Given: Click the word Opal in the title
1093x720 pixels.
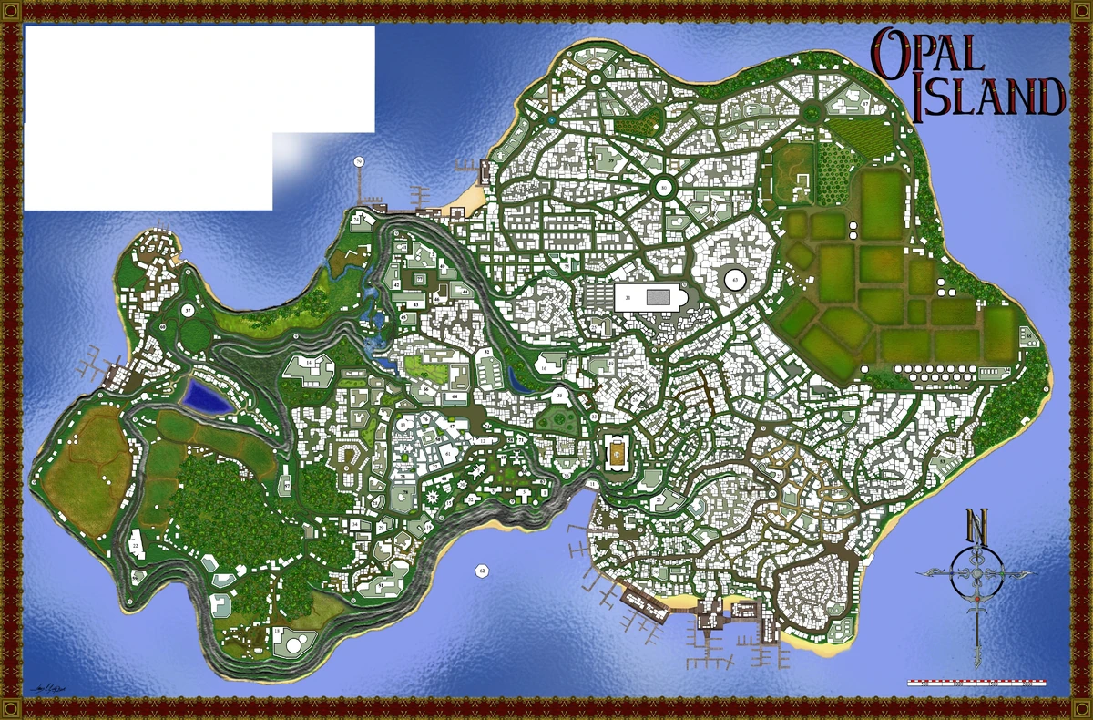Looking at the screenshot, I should click(x=929, y=51).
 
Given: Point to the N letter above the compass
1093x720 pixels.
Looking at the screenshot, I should click(x=977, y=527).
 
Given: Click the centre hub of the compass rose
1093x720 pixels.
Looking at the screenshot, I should click(x=977, y=572).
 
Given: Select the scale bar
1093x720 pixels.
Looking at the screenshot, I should click(x=976, y=682).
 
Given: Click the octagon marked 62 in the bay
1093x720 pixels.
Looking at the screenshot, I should click(x=482, y=571).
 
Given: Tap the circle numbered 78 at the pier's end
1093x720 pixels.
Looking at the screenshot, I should click(x=359, y=162).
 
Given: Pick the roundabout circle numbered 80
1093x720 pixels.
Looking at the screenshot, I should click(x=664, y=188).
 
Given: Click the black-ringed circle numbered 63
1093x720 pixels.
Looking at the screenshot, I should click(x=735, y=279).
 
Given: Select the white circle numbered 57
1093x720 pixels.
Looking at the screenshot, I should click(x=187, y=311).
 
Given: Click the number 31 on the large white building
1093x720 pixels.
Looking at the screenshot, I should click(x=628, y=298).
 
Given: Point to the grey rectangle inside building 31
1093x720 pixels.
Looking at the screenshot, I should click(x=659, y=297).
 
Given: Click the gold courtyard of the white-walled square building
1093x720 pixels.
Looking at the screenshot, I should click(x=617, y=452).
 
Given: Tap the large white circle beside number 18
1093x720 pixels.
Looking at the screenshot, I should click(x=294, y=644).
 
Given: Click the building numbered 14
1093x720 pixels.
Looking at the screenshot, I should click(x=310, y=364).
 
